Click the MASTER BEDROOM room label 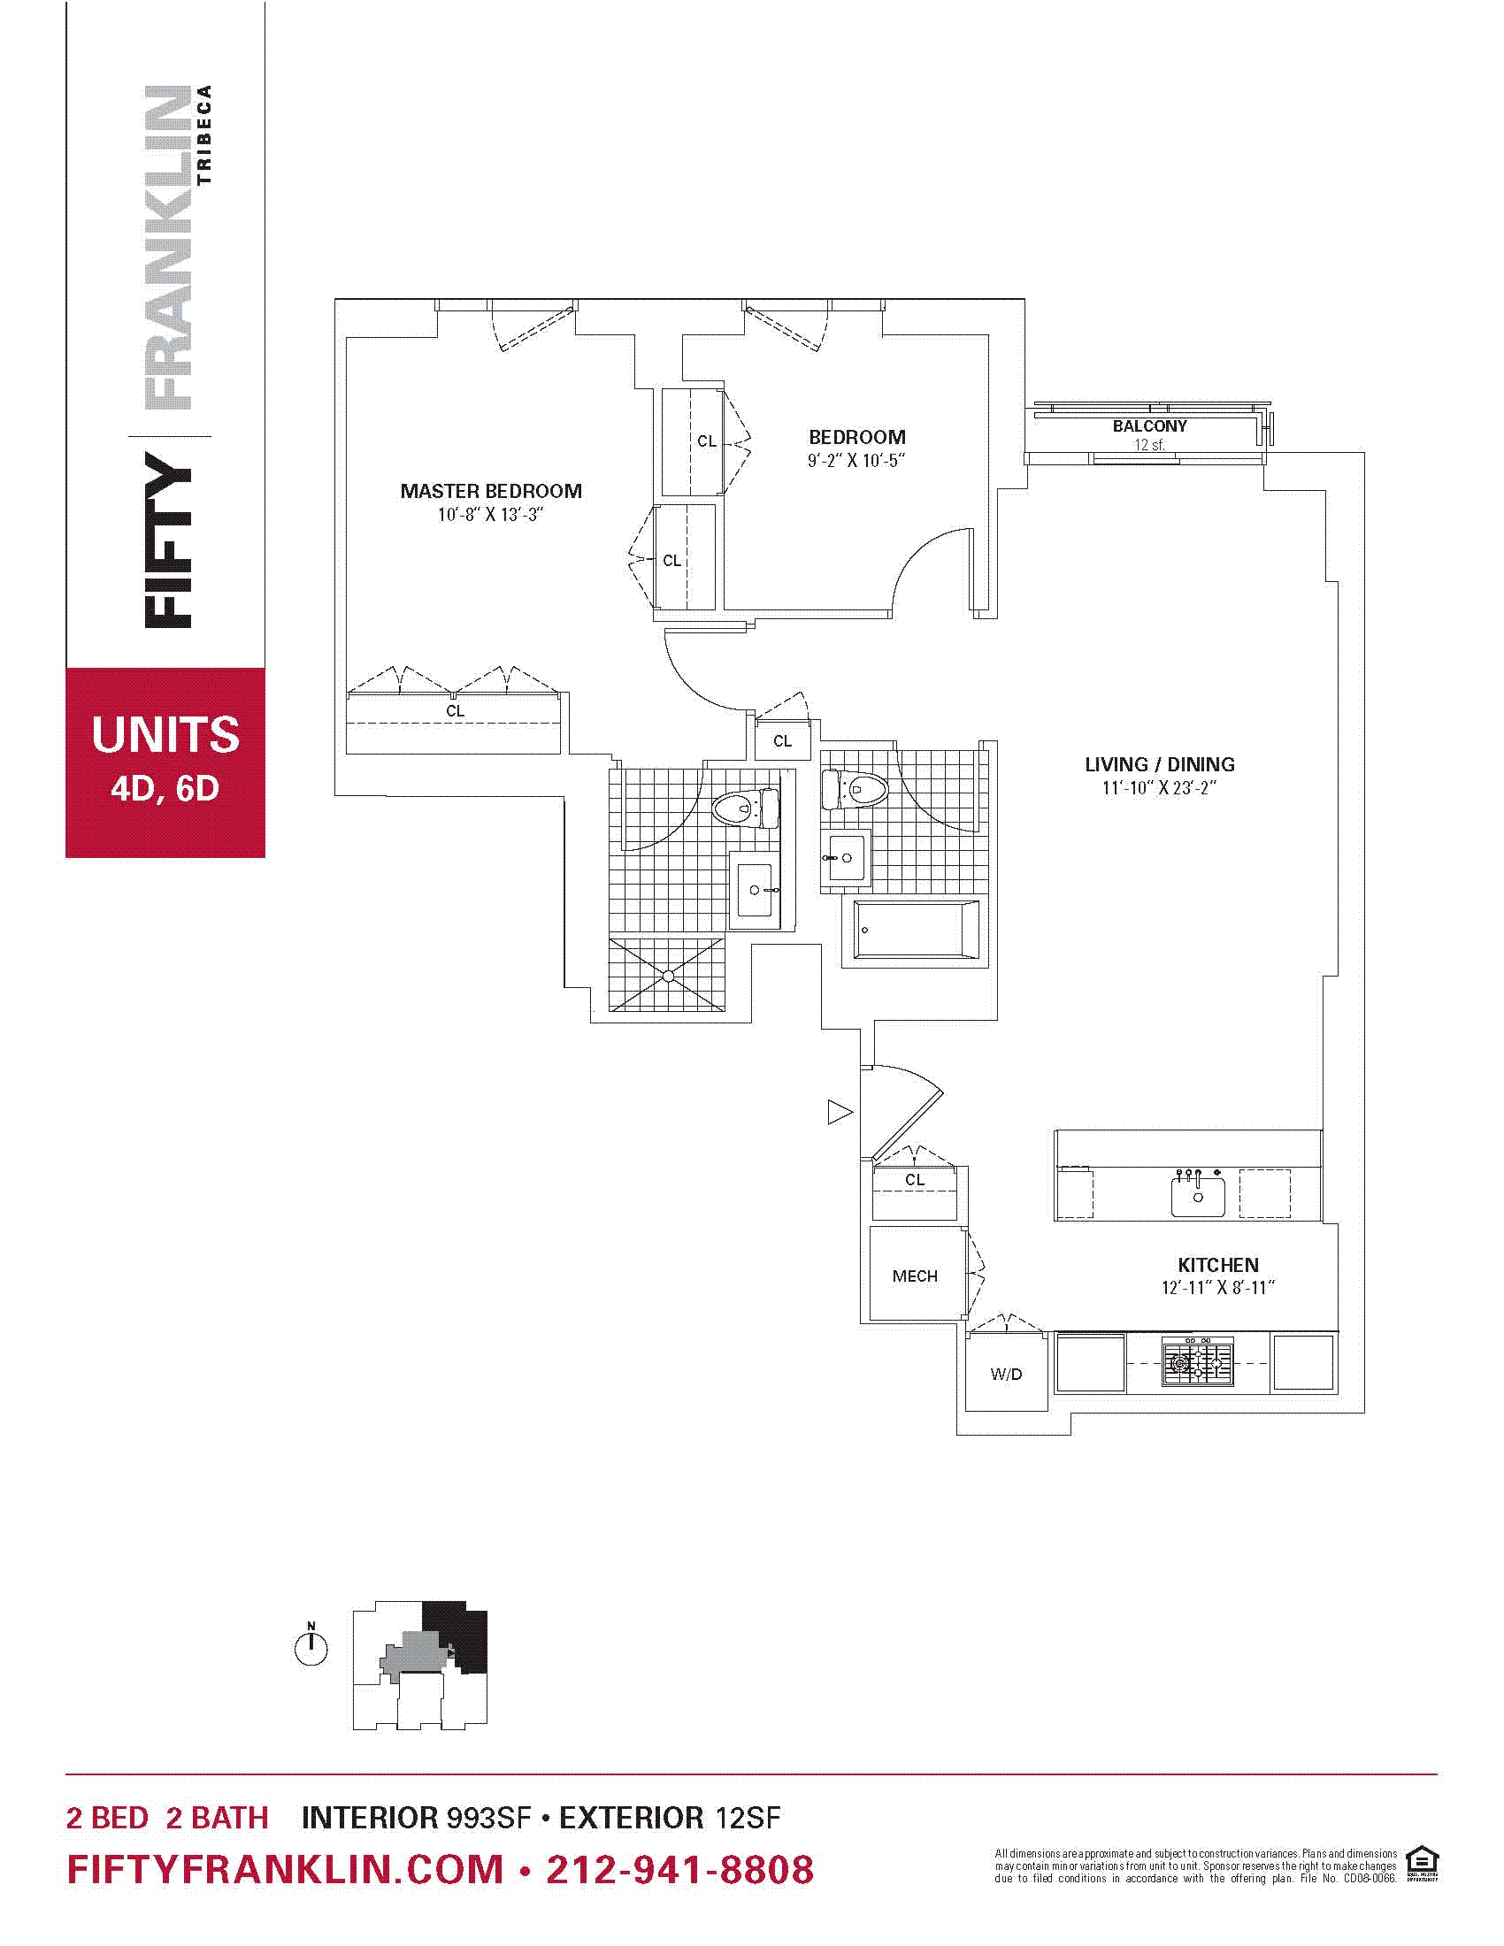pyautogui.click(x=491, y=491)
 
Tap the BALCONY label pyautogui.click(x=1149, y=427)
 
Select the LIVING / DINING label pyautogui.click(x=1159, y=764)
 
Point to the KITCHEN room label pyautogui.click(x=1218, y=1265)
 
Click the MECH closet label pyautogui.click(x=915, y=1276)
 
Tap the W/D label pyautogui.click(x=1006, y=1374)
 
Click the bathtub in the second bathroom pyautogui.click(x=915, y=931)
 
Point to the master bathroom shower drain pyautogui.click(x=668, y=977)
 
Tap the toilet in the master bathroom pyautogui.click(x=745, y=808)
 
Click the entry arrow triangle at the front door pyautogui.click(x=840, y=1112)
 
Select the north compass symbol pyautogui.click(x=311, y=1646)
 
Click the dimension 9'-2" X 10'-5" pyautogui.click(x=856, y=461)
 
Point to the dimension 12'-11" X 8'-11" pyautogui.click(x=1218, y=1288)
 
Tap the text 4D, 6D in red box pyautogui.click(x=165, y=788)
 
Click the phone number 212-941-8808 pyautogui.click(x=679, y=1870)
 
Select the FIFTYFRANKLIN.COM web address pyautogui.click(x=285, y=1870)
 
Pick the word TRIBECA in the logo pyautogui.click(x=205, y=134)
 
